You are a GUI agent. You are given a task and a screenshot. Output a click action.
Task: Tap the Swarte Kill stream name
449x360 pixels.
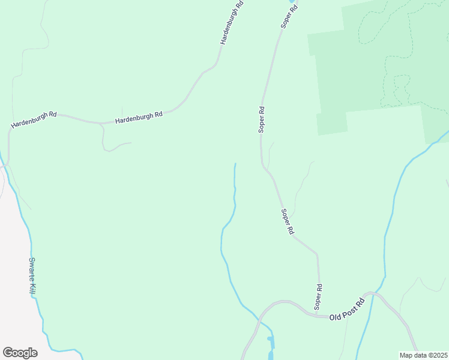click(33, 275)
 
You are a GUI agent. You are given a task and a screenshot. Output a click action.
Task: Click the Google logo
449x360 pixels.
click(20, 353)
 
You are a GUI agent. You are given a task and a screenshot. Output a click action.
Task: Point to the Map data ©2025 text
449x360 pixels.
click(423, 355)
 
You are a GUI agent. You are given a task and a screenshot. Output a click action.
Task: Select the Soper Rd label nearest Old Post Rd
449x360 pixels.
click(319, 296)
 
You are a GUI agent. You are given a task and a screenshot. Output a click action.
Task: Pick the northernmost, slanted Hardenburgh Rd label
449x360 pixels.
click(231, 23)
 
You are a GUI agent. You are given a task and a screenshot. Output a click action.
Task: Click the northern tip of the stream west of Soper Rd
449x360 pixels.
click(235, 164)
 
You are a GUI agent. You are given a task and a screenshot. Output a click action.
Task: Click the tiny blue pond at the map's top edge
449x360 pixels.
click(292, 2)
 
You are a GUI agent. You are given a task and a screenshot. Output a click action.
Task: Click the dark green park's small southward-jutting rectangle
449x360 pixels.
click(332, 123)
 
